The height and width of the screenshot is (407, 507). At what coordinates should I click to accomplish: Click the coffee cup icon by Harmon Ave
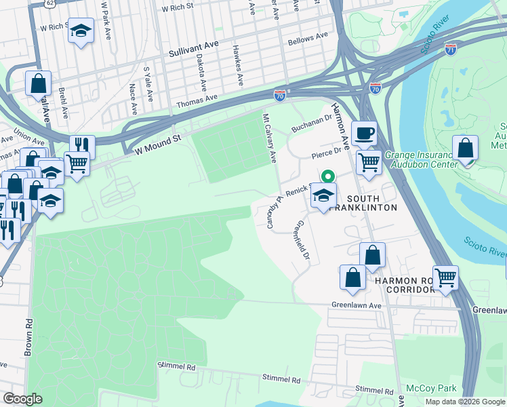364,134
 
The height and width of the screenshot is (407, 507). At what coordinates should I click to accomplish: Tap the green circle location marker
327,176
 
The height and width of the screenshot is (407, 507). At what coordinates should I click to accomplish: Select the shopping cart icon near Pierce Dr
368,161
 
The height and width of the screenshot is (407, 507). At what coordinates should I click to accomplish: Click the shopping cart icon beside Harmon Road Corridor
445,277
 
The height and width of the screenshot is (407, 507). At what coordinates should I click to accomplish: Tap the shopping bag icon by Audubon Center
466,148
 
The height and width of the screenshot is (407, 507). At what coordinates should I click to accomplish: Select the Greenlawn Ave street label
353,306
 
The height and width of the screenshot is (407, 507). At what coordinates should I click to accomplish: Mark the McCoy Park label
428,389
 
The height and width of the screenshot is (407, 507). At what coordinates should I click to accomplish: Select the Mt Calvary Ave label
270,138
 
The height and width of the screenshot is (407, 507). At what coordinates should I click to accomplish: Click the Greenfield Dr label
302,241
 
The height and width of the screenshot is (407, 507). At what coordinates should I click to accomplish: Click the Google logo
24,399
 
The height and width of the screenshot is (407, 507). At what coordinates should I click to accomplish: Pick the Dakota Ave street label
201,75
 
